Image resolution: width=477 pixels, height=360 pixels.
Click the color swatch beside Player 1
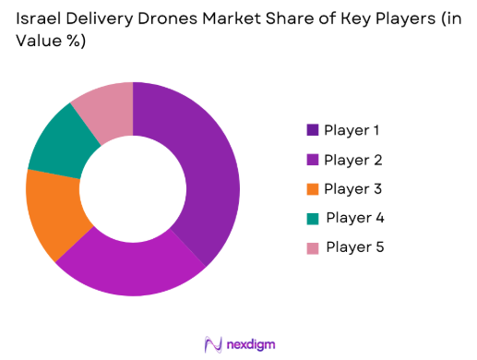(x=312, y=130)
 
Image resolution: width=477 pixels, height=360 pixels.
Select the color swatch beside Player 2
(x=312, y=160)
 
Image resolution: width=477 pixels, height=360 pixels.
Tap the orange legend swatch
(x=312, y=189)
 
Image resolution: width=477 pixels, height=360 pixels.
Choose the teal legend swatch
(x=312, y=218)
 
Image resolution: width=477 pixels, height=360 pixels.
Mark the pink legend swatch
(x=312, y=247)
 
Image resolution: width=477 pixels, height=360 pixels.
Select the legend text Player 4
(x=355, y=218)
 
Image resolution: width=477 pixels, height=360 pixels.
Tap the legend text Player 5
(x=355, y=247)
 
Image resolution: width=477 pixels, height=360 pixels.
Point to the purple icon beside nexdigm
(x=213, y=343)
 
